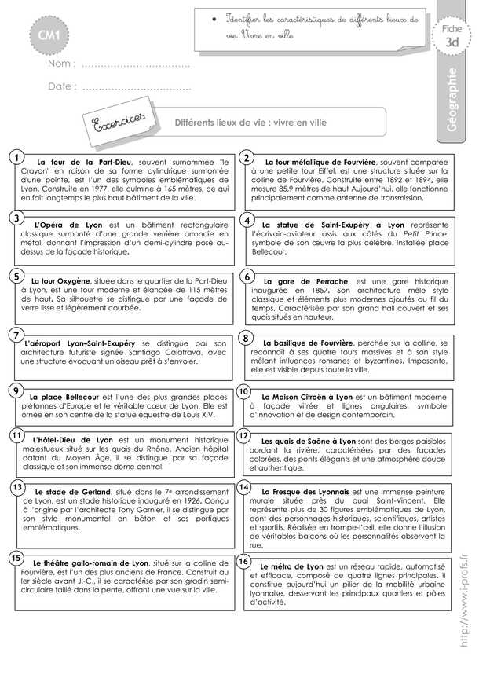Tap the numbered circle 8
pyautogui.click(x=245, y=339)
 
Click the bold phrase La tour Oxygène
pyautogui.click(x=60, y=280)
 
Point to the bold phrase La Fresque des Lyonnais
pyautogui.click(x=307, y=490)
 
